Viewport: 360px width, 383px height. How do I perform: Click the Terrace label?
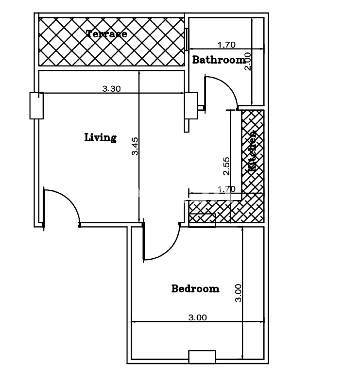pyautogui.click(x=107, y=34)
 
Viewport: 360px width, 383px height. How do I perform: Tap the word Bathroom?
pyautogui.click(x=219, y=60)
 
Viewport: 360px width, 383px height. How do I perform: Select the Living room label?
pyautogui.click(x=100, y=137)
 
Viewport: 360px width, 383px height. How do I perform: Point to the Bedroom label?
pyautogui.click(x=195, y=289)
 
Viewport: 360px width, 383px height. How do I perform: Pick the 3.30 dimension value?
pyautogui.click(x=111, y=89)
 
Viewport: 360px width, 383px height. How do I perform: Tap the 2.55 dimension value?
pyautogui.click(x=226, y=166)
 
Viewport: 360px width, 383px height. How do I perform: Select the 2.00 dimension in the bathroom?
pyautogui.click(x=248, y=61)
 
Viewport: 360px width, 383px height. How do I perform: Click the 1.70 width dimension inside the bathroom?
pyautogui.click(x=226, y=45)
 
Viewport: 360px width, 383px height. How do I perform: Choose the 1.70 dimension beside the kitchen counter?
pyautogui.click(x=226, y=189)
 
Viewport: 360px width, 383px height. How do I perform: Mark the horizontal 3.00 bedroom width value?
pyautogui.click(x=197, y=317)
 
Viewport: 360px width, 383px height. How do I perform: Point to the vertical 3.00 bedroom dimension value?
pyautogui.click(x=238, y=293)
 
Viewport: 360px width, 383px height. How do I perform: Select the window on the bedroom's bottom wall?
pyautogui.click(x=202, y=357)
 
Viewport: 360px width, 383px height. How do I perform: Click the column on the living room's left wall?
pyautogui.click(x=37, y=106)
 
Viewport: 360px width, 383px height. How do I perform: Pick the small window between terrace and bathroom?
pyautogui.click(x=186, y=39)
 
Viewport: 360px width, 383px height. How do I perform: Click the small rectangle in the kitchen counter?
pyautogui.click(x=202, y=220)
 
